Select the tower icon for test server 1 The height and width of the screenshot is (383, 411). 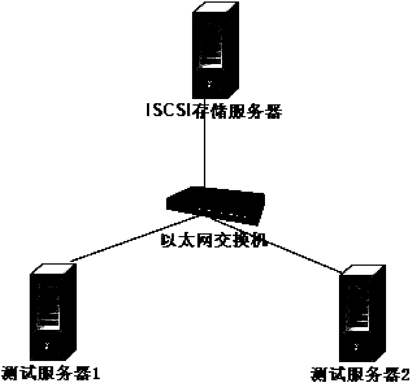pos(53,312)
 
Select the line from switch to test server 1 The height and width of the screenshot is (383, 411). pos(132,240)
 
